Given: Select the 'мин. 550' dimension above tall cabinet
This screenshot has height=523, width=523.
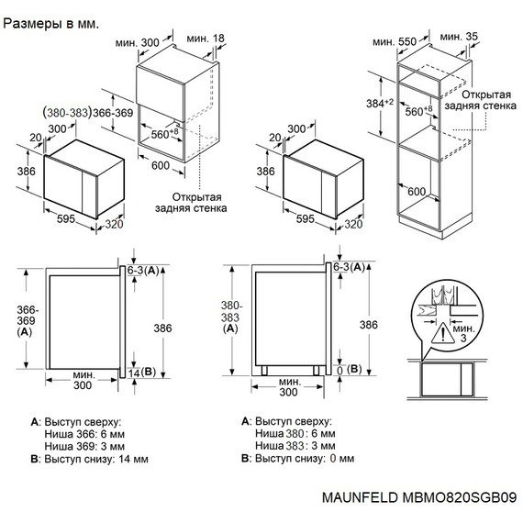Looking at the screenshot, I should [x=395, y=42].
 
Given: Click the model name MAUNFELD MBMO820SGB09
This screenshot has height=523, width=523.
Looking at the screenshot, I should [x=419, y=497].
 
